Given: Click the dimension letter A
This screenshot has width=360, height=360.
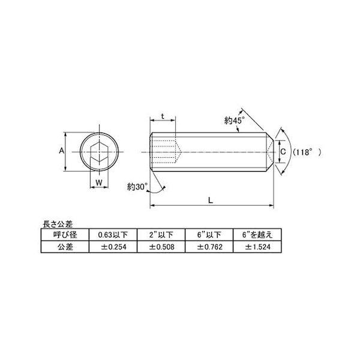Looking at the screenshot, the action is (x=62, y=151).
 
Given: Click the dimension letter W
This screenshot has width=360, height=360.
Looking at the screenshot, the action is (x=99, y=183).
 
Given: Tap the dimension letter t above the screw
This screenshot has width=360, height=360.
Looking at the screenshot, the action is (x=163, y=116).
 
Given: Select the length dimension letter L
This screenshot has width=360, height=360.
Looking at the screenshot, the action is (x=211, y=200).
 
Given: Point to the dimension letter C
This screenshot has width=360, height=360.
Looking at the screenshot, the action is (x=283, y=152).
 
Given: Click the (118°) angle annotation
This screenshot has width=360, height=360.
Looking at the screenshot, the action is (x=307, y=152).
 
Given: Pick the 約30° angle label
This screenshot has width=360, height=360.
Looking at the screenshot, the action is (x=137, y=187).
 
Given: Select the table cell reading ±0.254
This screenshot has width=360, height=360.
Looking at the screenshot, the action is (x=113, y=247).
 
